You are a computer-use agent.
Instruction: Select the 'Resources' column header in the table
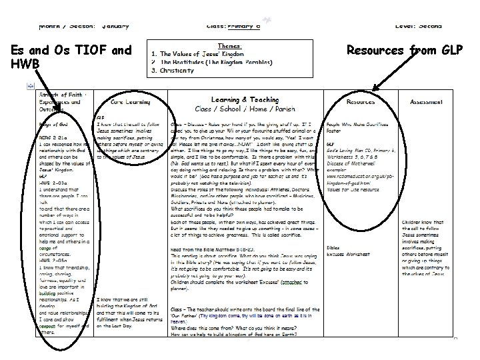pos(360,102)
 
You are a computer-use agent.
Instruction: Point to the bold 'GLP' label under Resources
pos(331,143)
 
